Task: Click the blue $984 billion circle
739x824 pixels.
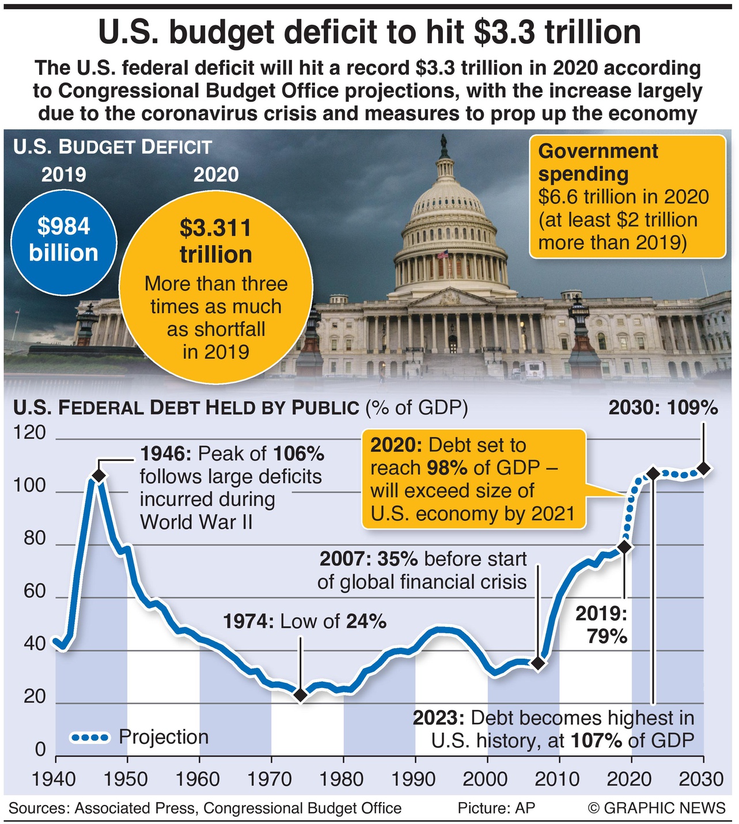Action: (64, 240)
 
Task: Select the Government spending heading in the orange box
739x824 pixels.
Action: (597, 162)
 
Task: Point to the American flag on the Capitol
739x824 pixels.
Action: (443, 254)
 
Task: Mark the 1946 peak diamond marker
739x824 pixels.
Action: (98, 475)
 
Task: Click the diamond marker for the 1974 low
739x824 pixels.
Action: (300, 695)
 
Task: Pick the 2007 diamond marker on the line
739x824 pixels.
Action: (538, 663)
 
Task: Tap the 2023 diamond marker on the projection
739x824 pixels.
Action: (653, 474)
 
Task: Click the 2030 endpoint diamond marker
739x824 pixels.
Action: (703, 468)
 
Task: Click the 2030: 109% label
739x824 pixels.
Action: (663, 408)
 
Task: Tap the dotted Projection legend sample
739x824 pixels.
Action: (89, 737)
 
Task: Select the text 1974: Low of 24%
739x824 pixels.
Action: (305, 621)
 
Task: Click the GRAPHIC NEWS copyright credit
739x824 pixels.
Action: (656, 808)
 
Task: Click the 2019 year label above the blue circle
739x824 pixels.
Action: (63, 175)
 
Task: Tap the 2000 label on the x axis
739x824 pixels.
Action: (486, 780)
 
